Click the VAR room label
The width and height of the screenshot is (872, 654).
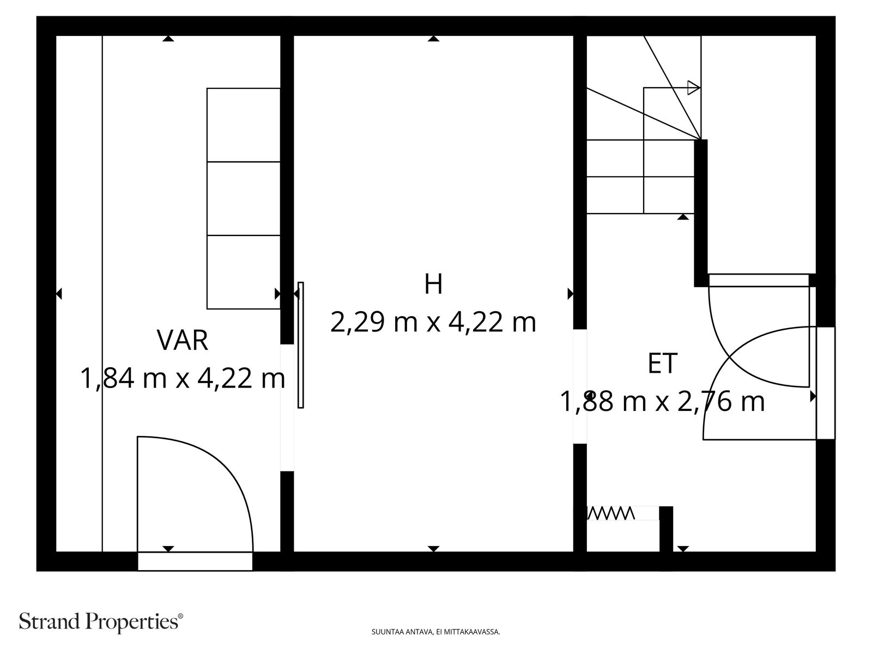[183, 340]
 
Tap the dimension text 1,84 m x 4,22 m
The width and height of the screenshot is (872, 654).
[183, 378]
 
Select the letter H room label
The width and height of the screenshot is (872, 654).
[433, 284]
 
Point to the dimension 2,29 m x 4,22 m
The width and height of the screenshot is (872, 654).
[433, 323]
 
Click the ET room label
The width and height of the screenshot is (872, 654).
[662, 364]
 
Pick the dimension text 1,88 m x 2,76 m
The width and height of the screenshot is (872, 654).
[662, 402]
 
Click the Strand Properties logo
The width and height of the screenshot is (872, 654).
[101, 621]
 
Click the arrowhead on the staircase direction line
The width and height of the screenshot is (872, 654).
[694, 88]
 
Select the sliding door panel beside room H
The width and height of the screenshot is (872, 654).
[301, 345]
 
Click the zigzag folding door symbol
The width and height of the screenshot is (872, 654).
[610, 513]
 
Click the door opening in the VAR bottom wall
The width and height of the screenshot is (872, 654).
[195, 561]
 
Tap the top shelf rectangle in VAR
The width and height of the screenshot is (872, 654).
[244, 125]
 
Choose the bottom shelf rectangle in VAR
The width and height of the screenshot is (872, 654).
[244, 272]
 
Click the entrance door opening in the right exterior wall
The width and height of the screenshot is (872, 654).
[826, 383]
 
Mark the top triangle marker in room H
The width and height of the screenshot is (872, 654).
[433, 39]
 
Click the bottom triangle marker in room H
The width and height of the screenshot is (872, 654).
[433, 549]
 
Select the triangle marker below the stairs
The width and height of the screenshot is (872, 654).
[683, 217]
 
